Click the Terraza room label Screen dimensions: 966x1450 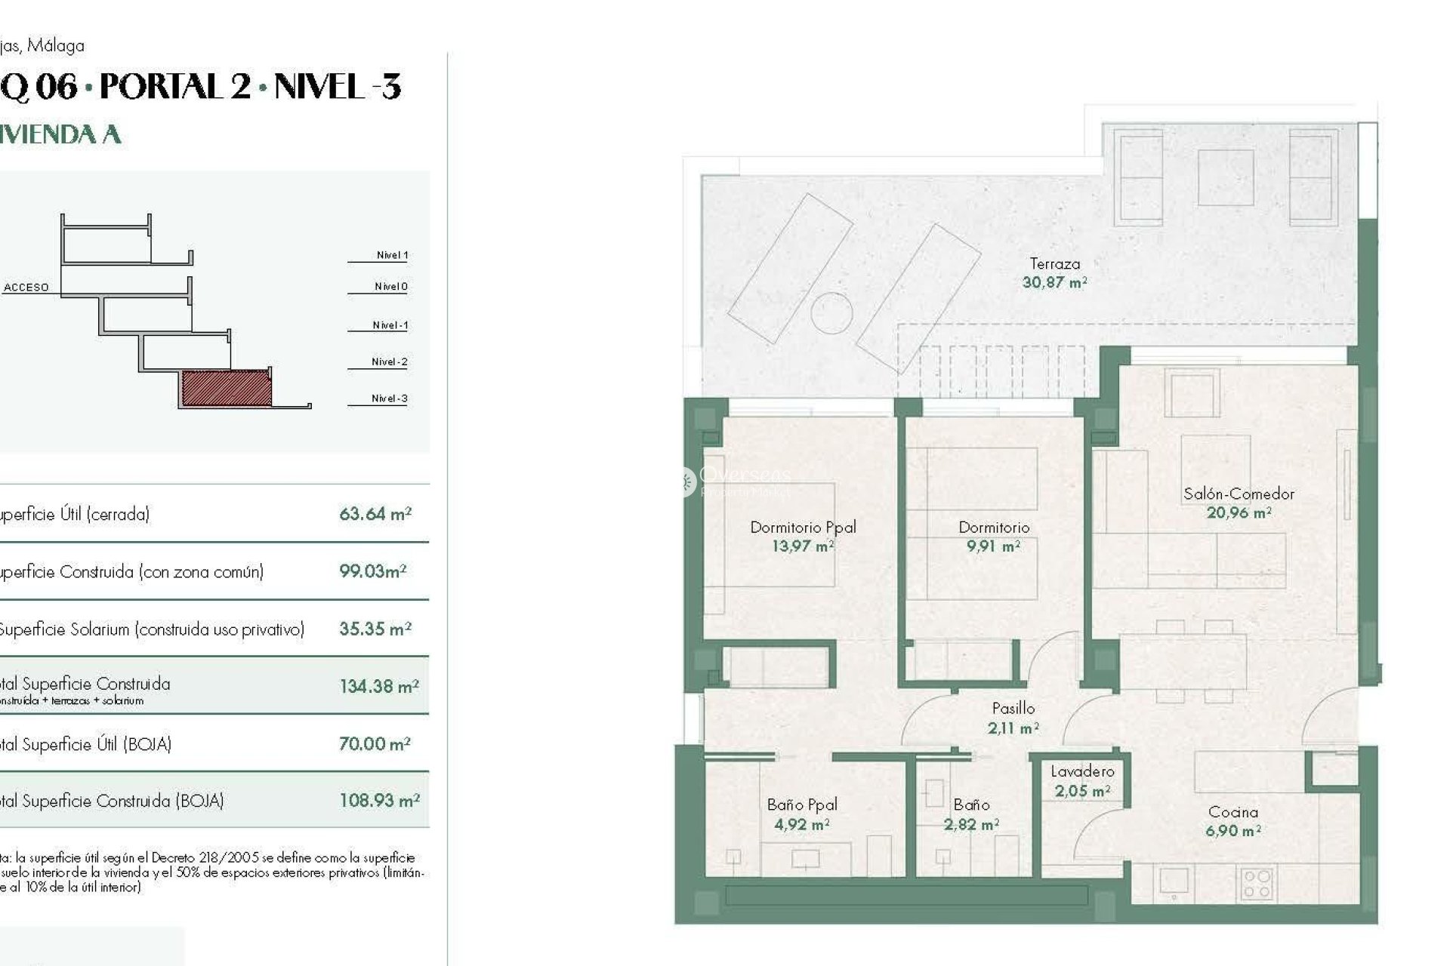pyautogui.click(x=1054, y=263)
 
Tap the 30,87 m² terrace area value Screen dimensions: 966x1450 pyautogui.click(x=1054, y=282)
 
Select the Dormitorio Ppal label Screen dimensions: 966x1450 pyautogui.click(x=803, y=528)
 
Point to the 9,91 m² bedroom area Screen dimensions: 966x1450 pyautogui.click(x=993, y=546)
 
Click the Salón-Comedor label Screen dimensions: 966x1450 pyautogui.click(x=1239, y=494)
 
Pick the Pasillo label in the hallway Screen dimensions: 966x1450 pyautogui.click(x=1013, y=708)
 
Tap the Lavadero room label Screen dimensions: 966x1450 pyautogui.click(x=1082, y=771)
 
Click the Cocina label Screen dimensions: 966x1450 pyautogui.click(x=1233, y=812)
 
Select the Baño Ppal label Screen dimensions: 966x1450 pyautogui.click(x=801, y=805)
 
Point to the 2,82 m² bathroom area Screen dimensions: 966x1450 pyautogui.click(x=971, y=825)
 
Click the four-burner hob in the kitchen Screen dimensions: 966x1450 pyautogui.click(x=1257, y=884)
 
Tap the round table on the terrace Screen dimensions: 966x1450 pyautogui.click(x=831, y=312)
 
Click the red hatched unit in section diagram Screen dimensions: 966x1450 pyautogui.click(x=227, y=388)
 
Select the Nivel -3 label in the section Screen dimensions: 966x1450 pyautogui.click(x=389, y=398)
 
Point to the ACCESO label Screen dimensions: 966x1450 pyautogui.click(x=26, y=288)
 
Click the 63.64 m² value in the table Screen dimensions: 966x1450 pyautogui.click(x=375, y=514)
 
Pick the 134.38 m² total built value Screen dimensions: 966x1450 pyautogui.click(x=378, y=687)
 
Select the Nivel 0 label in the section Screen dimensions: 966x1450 pyautogui.click(x=390, y=287)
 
